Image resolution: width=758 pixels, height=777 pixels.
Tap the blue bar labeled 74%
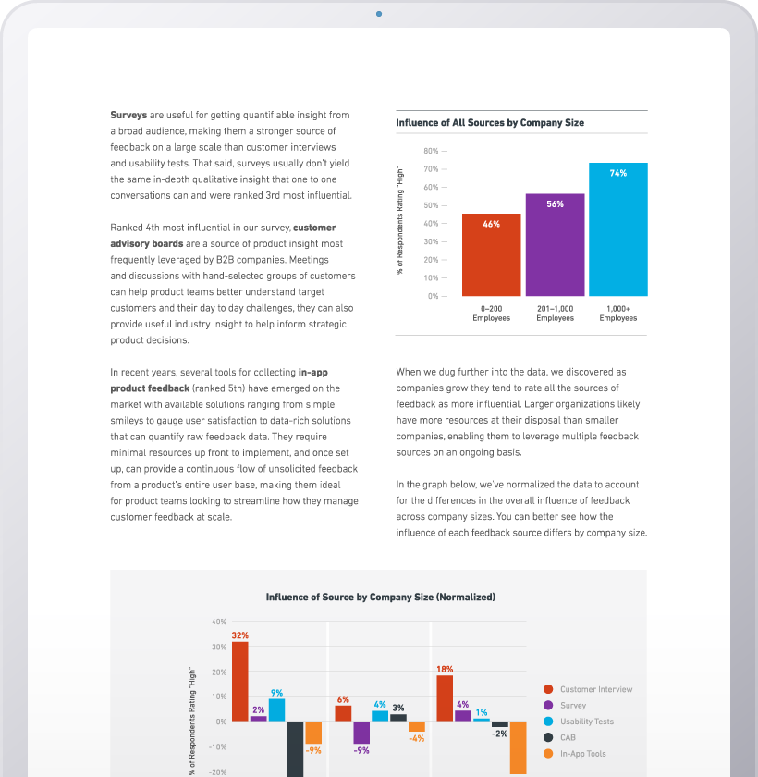[618, 228]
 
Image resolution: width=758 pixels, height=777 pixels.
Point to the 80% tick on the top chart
[431, 151]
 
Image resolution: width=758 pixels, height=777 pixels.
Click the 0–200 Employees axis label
[491, 314]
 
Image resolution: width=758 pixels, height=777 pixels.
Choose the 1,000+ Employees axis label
[617, 314]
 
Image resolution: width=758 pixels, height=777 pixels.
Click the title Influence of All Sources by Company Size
[490, 122]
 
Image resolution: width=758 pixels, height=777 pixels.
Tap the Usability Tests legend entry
[586, 721]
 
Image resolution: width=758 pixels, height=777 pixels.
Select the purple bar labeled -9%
[361, 733]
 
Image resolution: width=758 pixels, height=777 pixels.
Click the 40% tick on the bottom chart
[218, 622]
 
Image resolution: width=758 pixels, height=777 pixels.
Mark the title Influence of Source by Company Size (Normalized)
[380, 598]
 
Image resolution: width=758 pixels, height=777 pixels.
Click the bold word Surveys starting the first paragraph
[128, 115]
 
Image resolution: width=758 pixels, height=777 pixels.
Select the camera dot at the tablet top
[379, 14]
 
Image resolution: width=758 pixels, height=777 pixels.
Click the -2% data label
[500, 734]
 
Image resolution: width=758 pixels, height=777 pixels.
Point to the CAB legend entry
[568, 737]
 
